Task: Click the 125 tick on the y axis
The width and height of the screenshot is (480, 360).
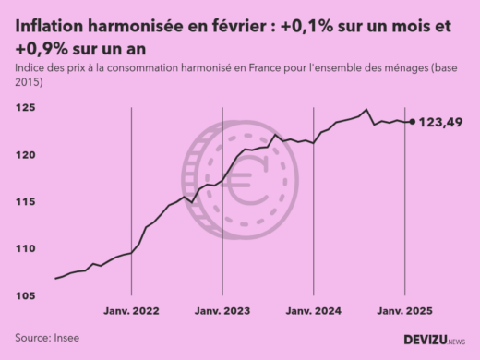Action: [25, 108]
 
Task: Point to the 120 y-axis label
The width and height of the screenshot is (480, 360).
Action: [25, 155]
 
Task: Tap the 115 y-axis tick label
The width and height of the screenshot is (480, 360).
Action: [25, 202]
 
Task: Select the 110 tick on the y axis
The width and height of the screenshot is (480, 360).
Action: [25, 249]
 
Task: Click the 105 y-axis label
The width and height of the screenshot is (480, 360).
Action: [25, 296]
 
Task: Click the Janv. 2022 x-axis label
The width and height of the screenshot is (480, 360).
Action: [133, 311]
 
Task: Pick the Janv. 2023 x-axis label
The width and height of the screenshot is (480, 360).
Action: [223, 311]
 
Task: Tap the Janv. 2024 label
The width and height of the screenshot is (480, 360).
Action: [314, 311]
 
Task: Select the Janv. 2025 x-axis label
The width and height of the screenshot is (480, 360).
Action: [404, 311]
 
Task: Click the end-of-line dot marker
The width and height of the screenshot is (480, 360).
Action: [412, 122]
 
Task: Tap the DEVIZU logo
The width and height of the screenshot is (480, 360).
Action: [434, 340]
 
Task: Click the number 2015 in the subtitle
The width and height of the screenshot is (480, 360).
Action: [30, 82]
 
